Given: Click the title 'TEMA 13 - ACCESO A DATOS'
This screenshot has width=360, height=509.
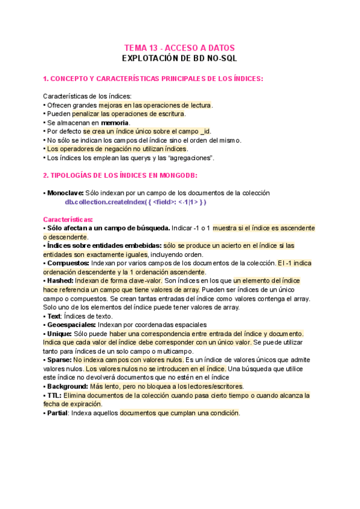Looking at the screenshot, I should point(179,48).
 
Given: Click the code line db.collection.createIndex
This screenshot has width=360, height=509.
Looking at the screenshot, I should point(136,202).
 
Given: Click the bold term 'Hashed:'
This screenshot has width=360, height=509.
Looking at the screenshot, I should point(60,280).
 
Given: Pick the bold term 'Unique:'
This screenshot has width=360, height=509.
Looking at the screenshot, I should point(59,333).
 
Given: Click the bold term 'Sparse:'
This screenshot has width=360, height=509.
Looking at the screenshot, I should point(59,360).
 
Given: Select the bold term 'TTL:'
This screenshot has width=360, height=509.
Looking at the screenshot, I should point(54,395).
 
